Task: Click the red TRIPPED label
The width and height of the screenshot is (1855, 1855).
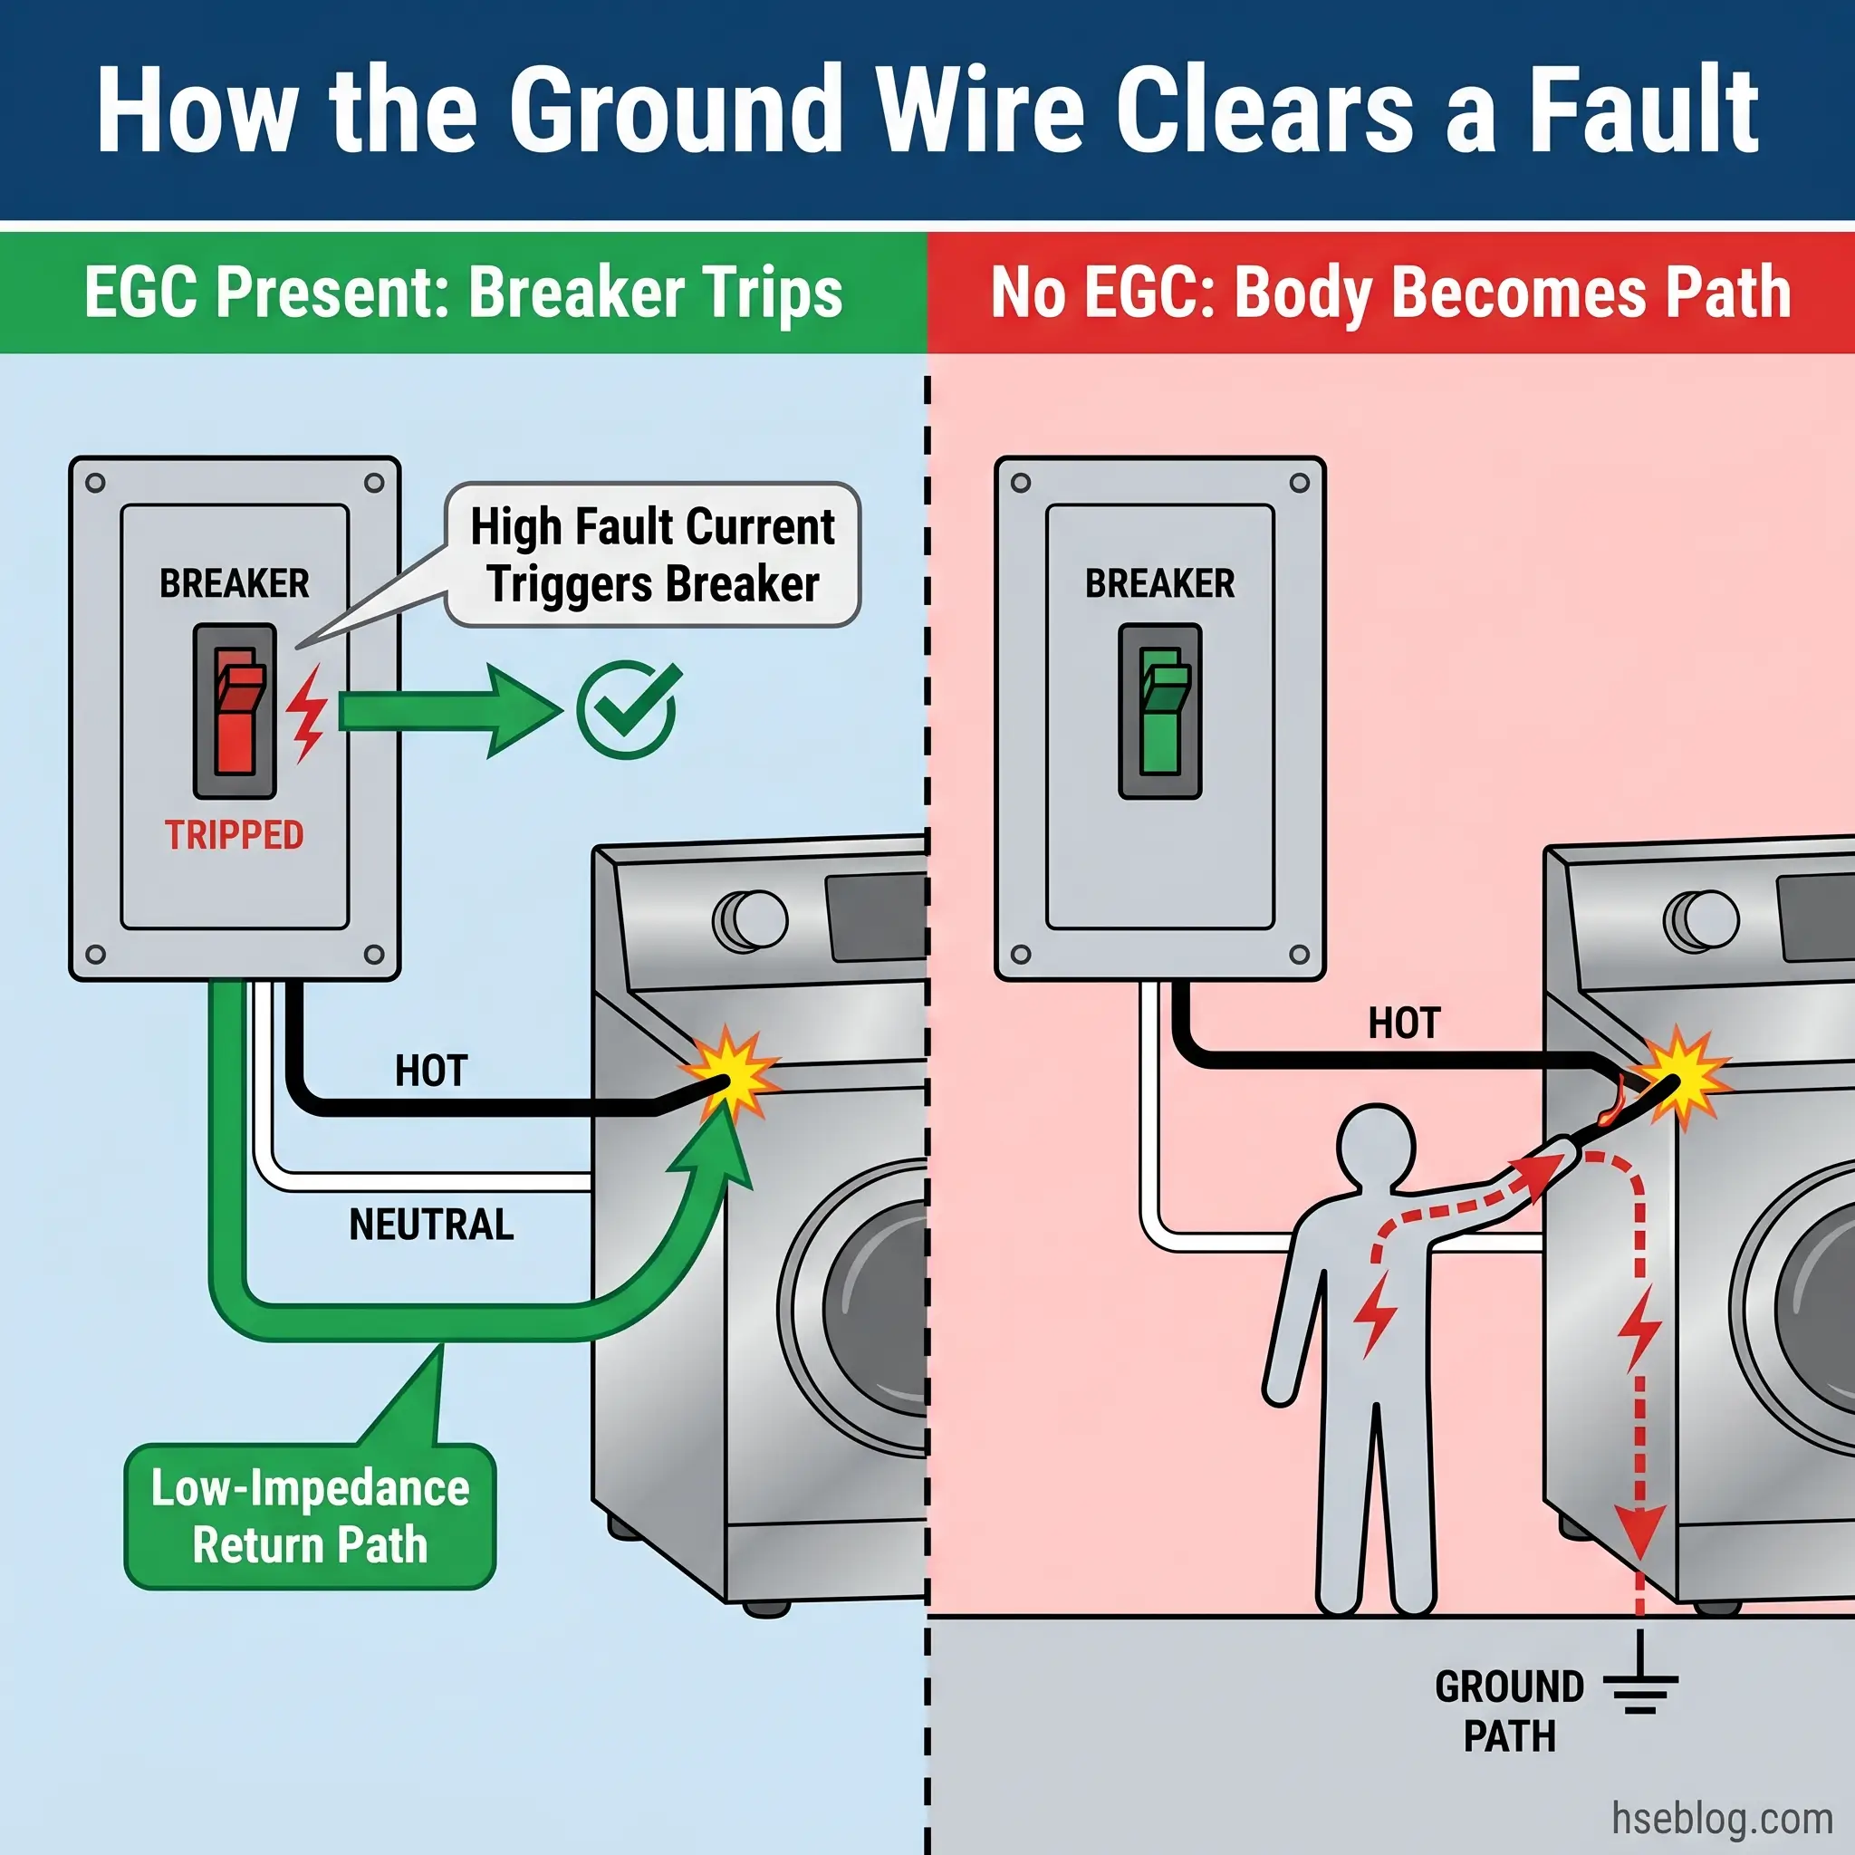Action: pyautogui.click(x=234, y=834)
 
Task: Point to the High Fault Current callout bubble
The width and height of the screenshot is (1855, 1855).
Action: pyautogui.click(x=653, y=555)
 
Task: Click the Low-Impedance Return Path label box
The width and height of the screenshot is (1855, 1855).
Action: pyautogui.click(x=310, y=1516)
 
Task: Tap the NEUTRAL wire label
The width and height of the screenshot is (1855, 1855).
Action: pyautogui.click(x=431, y=1225)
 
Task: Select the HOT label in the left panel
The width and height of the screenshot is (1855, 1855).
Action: pyautogui.click(x=431, y=1071)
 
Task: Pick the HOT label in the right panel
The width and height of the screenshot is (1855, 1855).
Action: pyautogui.click(x=1404, y=1024)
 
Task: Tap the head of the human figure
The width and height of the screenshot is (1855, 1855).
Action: pyautogui.click(x=1375, y=1142)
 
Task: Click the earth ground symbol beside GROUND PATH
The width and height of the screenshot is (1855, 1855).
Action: pyautogui.click(x=1640, y=1682)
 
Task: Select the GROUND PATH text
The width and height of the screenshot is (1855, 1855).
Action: pyautogui.click(x=1508, y=1710)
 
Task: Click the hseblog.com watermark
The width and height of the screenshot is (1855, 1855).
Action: pyautogui.click(x=1722, y=1818)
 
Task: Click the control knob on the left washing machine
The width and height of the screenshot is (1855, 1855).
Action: pyautogui.click(x=752, y=920)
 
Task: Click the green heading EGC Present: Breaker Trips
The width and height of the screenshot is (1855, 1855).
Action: pyautogui.click(x=463, y=292)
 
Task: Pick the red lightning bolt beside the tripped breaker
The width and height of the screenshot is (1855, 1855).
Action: pyautogui.click(x=307, y=713)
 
